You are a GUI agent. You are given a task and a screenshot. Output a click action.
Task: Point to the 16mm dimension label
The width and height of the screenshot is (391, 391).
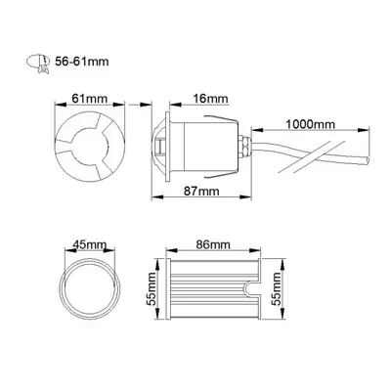(210, 99)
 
